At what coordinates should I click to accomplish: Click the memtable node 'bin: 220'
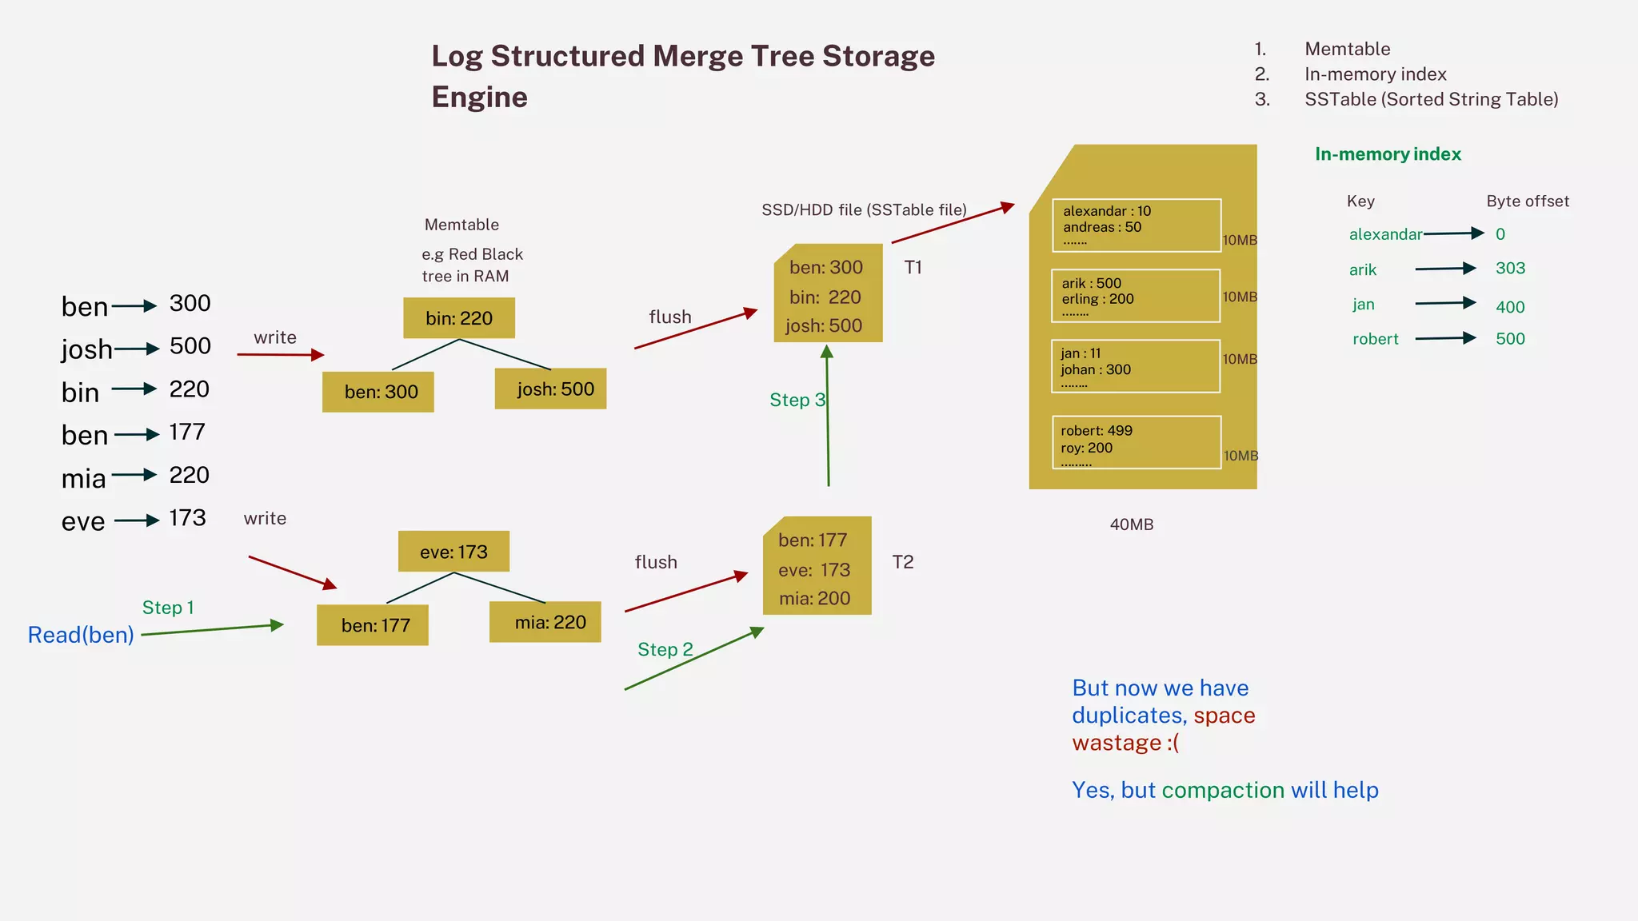click(458, 318)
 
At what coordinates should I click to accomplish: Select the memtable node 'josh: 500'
click(550, 389)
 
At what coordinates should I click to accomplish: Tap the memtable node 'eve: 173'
click(453, 552)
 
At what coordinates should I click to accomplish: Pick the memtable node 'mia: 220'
click(545, 622)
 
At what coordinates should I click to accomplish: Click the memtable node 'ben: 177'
click(373, 625)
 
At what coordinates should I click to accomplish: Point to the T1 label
click(913, 268)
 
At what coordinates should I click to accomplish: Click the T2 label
click(902, 562)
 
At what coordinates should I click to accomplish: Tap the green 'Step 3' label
click(796, 400)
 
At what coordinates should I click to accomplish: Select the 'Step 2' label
click(665, 649)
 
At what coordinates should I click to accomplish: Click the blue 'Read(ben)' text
click(81, 635)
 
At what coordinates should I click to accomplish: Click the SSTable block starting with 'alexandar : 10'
click(1136, 225)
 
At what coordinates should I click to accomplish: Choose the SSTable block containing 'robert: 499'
click(1136, 442)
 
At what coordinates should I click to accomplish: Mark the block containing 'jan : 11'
click(1136, 366)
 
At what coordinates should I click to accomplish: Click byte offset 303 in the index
click(1510, 269)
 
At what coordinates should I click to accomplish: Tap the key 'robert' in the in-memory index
click(1375, 339)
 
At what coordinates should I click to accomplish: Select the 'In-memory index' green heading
click(1388, 154)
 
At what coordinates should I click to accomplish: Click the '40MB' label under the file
click(1131, 524)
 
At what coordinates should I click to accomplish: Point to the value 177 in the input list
click(187, 433)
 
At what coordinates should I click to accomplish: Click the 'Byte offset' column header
click(1527, 201)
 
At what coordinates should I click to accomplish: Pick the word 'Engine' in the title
click(479, 98)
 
